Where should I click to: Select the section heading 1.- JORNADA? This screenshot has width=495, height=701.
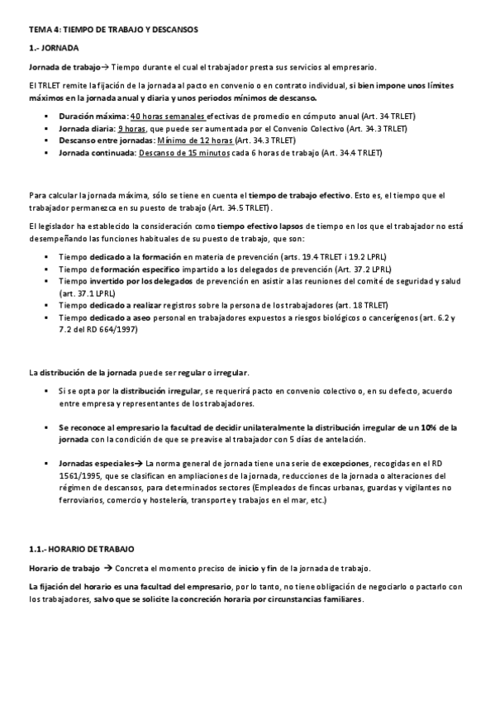55,49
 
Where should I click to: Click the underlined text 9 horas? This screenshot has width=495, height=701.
132,130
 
